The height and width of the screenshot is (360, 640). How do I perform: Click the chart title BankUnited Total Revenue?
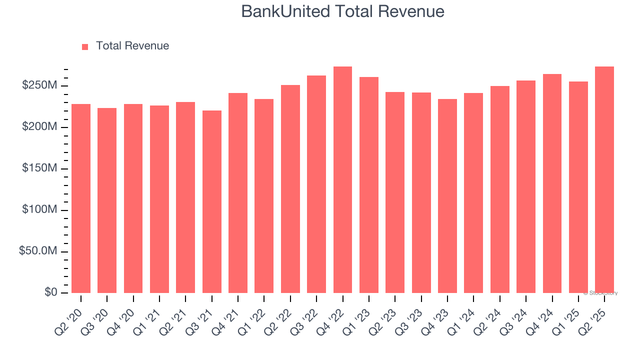pos(342,11)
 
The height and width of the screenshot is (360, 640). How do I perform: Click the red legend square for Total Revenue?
pos(85,46)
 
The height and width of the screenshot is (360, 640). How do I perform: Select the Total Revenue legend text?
pos(132,46)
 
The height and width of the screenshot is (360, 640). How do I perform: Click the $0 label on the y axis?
pos(50,292)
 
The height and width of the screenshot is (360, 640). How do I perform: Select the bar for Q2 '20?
pos(81,198)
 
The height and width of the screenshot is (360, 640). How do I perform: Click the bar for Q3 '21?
pos(212,201)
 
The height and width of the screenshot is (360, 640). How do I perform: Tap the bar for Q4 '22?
pos(342,180)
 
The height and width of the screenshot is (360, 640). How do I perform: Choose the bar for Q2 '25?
pos(604,180)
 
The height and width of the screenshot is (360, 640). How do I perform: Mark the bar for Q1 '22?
pos(264,196)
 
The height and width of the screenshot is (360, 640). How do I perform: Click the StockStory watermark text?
pos(600,293)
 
